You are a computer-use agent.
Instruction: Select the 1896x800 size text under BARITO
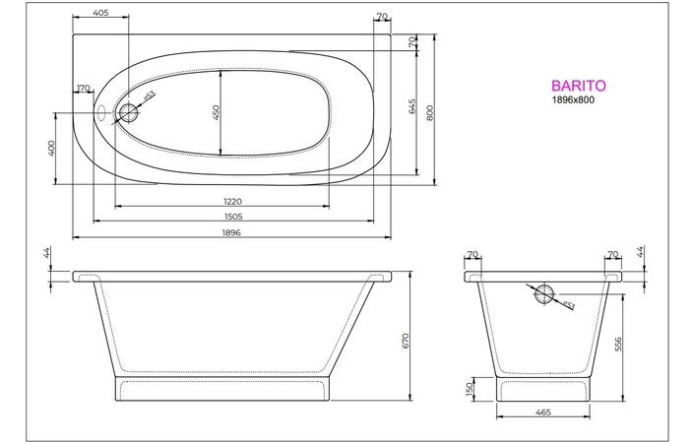(573, 100)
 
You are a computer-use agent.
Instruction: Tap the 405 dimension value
(98, 14)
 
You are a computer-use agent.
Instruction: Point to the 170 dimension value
(84, 90)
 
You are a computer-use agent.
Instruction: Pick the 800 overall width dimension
(430, 112)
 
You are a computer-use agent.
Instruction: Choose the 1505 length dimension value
(233, 217)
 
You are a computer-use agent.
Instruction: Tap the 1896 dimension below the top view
(231, 232)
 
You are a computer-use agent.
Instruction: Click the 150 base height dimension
(471, 389)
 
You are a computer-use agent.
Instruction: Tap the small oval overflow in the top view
(101, 111)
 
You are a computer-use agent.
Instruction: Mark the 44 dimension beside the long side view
(47, 254)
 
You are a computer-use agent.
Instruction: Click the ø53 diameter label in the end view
(570, 304)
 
